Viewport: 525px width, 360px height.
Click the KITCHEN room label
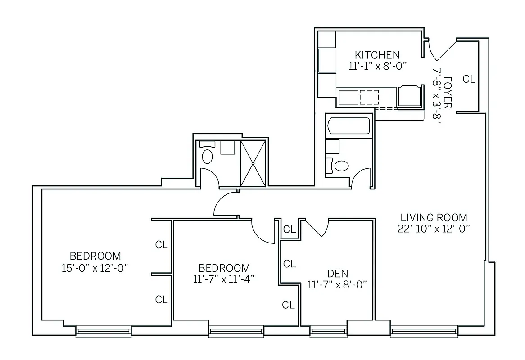point(377,55)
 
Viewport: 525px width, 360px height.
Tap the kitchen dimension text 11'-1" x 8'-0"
point(377,66)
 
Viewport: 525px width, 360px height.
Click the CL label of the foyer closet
point(469,79)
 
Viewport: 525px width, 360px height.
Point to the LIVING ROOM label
point(434,217)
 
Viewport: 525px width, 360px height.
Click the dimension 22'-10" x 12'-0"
point(434,228)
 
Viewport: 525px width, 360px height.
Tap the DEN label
point(337,273)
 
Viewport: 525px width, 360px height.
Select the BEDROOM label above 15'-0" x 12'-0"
point(95,256)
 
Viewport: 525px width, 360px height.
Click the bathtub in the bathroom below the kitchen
point(349,126)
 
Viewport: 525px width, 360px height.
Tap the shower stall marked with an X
point(253,163)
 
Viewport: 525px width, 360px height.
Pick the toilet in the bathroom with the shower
point(207,155)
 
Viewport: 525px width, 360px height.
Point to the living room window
point(424,332)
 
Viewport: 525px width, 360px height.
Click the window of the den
point(328,332)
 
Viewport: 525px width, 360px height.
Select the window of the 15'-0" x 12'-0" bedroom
point(104,332)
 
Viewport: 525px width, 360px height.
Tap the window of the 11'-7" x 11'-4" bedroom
point(236,332)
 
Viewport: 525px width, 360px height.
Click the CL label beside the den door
point(289,230)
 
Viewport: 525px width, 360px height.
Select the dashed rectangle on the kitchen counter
point(369,97)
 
